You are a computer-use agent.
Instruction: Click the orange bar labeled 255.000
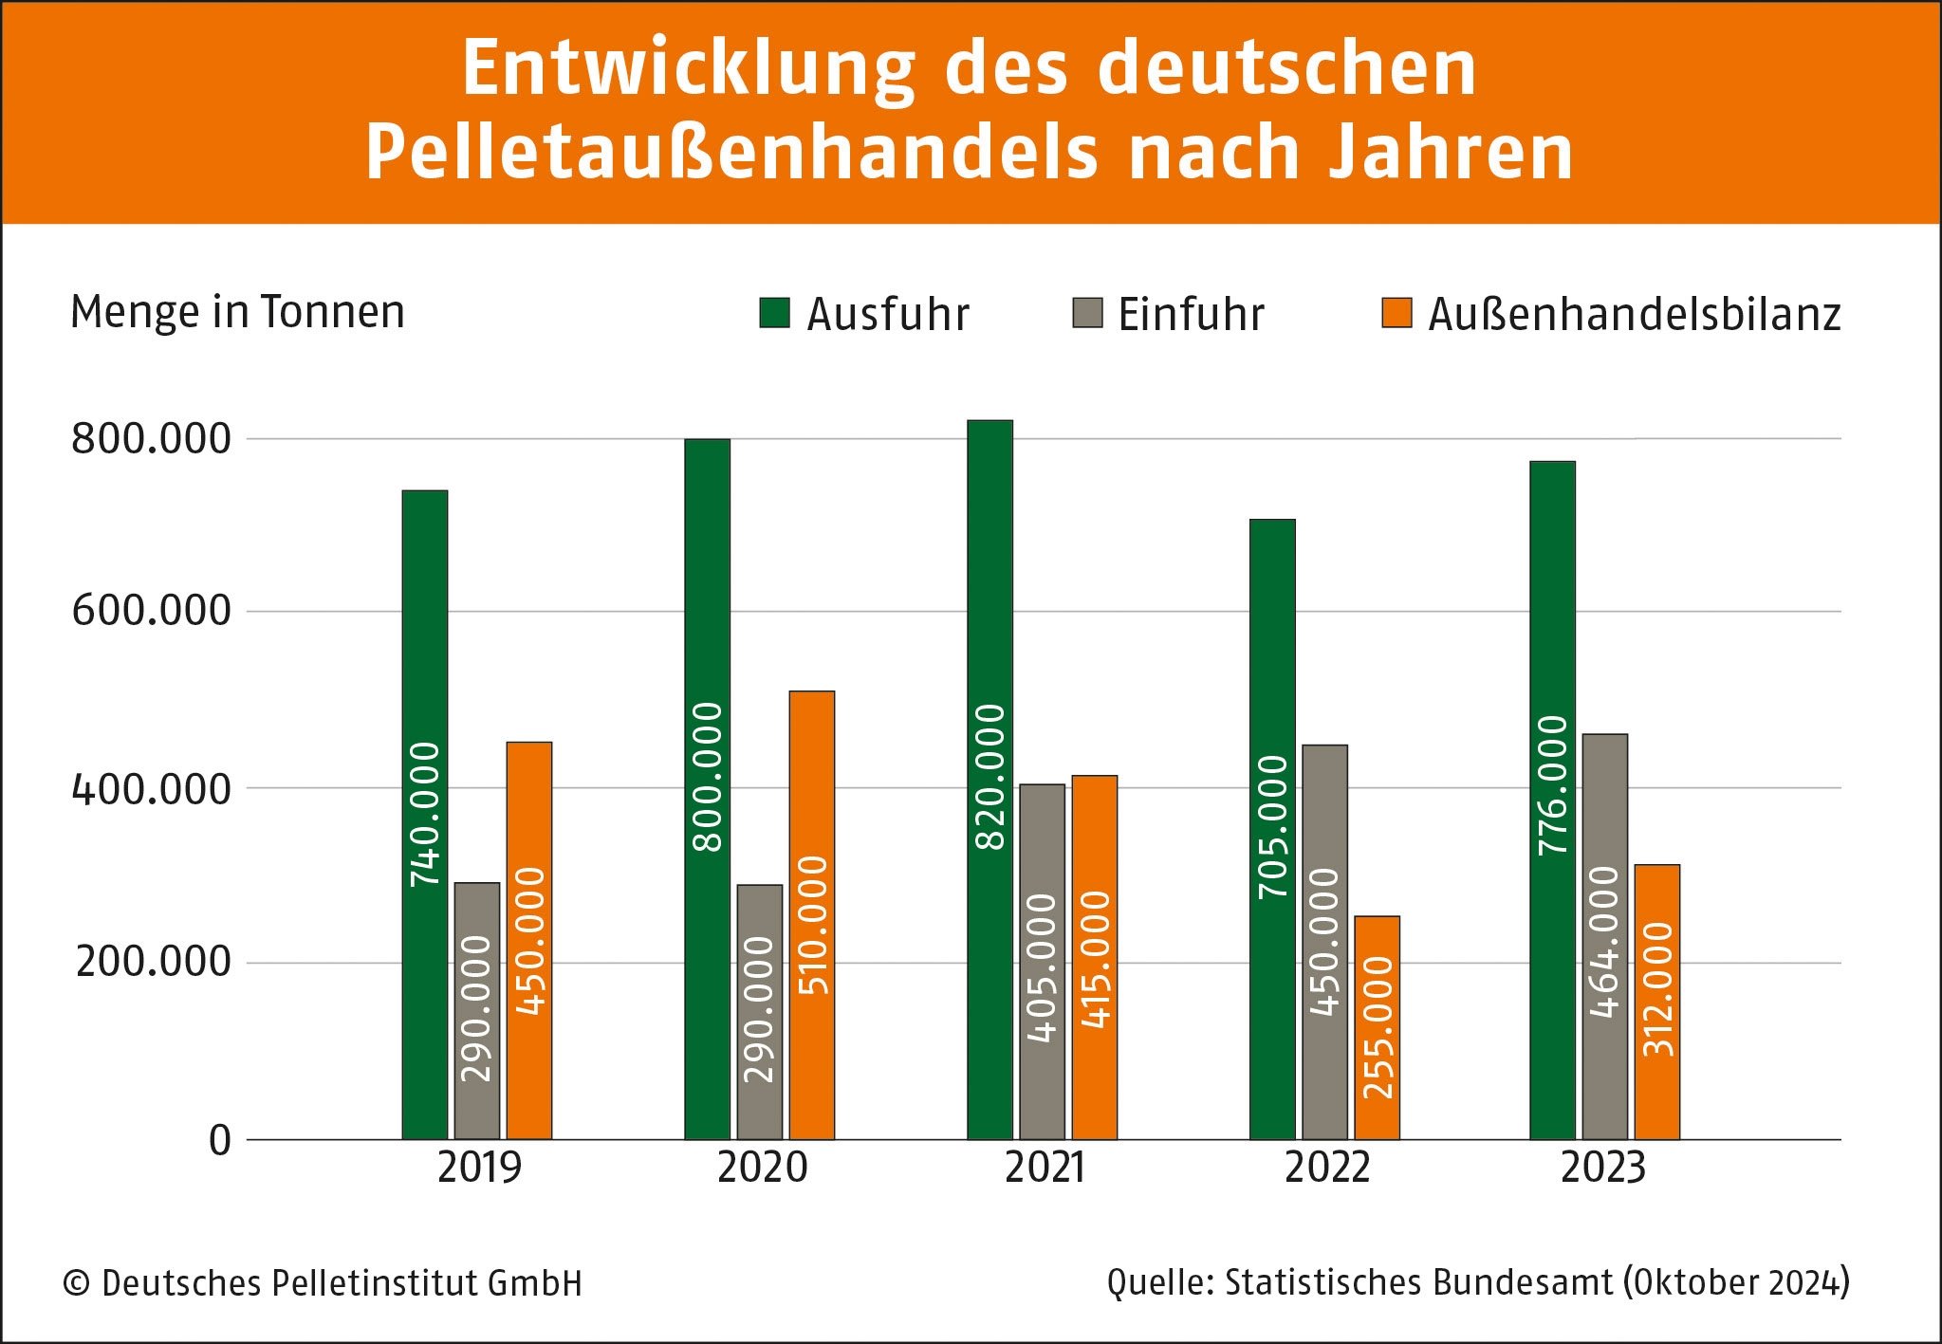click(x=1377, y=1027)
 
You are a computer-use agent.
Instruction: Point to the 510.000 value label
click(x=813, y=925)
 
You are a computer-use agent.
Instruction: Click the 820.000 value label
click(x=990, y=776)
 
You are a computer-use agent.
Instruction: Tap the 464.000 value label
click(x=1604, y=941)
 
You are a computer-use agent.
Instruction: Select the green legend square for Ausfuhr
click(x=774, y=313)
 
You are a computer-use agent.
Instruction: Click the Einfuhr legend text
click(x=1191, y=314)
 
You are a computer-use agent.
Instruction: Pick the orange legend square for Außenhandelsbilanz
click(x=1396, y=313)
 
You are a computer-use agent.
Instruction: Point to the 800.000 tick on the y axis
click(x=151, y=439)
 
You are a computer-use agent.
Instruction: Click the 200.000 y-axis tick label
click(x=153, y=962)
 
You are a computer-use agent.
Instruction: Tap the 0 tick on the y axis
click(x=220, y=1139)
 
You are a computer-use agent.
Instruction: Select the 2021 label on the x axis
click(x=1045, y=1168)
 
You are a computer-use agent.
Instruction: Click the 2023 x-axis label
click(x=1602, y=1168)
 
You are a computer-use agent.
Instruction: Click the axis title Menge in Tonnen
click(x=237, y=312)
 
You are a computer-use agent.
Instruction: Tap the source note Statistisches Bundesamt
click(x=1418, y=1282)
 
